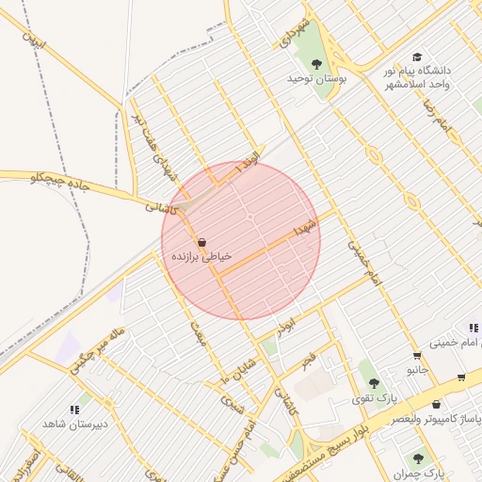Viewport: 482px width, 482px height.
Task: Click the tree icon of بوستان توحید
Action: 316,64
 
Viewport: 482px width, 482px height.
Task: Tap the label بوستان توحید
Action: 317,80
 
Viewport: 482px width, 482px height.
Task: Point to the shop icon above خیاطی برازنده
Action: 202,241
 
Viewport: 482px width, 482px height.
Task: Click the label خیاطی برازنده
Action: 201,255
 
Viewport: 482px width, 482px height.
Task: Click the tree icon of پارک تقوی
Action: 374,383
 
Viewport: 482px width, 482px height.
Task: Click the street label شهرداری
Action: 293,33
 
